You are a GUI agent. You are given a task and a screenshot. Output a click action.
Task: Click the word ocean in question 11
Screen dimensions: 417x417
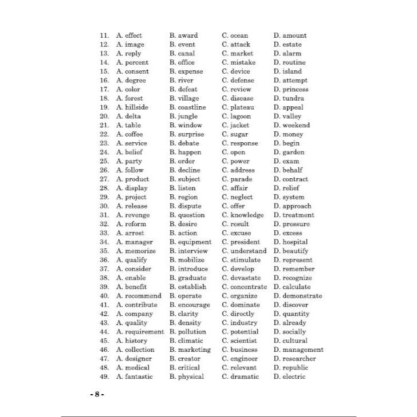pos(238,35)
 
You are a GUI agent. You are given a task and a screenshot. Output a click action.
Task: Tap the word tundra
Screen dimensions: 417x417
pos(294,98)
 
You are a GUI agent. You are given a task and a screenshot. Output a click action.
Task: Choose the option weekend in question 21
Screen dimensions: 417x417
pos(296,125)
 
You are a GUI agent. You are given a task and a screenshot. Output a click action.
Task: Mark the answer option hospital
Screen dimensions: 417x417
pos(295,242)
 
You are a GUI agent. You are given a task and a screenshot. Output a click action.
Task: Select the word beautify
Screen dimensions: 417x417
pos(295,251)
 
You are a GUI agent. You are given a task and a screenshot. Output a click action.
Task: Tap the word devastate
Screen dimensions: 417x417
pos(244,278)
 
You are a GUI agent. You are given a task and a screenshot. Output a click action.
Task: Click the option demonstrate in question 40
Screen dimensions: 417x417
pos(302,296)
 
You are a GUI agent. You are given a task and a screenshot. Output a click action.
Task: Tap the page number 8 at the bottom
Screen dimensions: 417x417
pos(97,395)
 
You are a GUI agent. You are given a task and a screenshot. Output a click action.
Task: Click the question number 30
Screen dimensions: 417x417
pos(104,206)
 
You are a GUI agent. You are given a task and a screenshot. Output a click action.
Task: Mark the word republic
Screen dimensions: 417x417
pos(295,368)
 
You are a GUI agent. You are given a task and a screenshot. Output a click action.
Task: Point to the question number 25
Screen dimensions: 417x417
pos(104,161)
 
